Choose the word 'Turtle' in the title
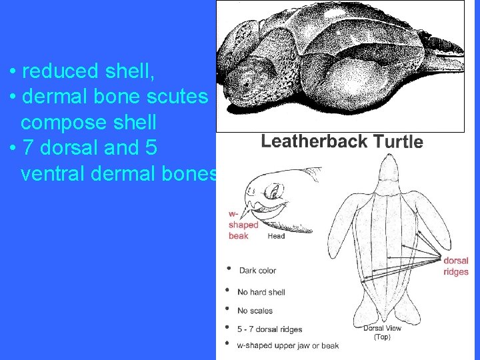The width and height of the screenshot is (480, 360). coord(398,141)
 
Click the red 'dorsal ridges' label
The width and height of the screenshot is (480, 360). coord(456,266)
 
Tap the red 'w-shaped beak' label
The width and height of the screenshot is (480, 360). coord(243,225)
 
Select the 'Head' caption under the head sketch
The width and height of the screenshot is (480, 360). coord(276,236)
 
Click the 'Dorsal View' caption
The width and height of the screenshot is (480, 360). coord(382,328)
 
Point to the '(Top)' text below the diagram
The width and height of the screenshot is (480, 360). coord(382,337)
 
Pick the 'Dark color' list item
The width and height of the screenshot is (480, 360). coord(257,271)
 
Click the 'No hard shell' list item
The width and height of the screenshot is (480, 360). coord(261,292)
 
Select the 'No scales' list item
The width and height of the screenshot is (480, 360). coord(255,311)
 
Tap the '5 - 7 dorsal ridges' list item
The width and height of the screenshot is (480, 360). coord(269,329)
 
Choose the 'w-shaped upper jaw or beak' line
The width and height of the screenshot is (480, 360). coord(287,345)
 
